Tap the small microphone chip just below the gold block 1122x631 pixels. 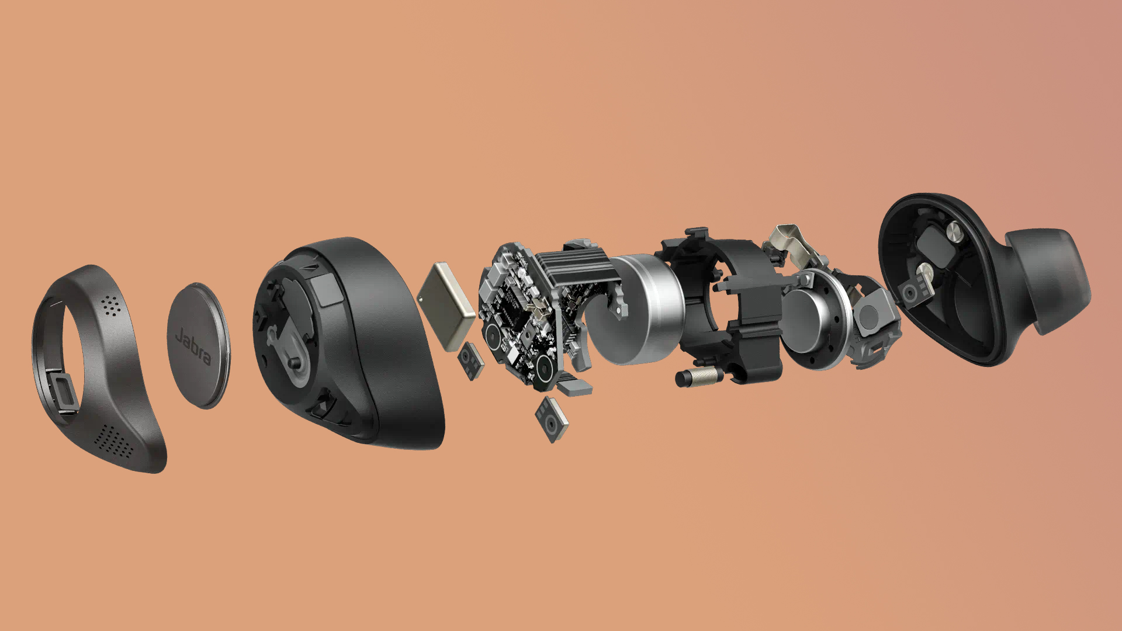click(470, 361)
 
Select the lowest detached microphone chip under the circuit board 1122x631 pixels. click(550, 419)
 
